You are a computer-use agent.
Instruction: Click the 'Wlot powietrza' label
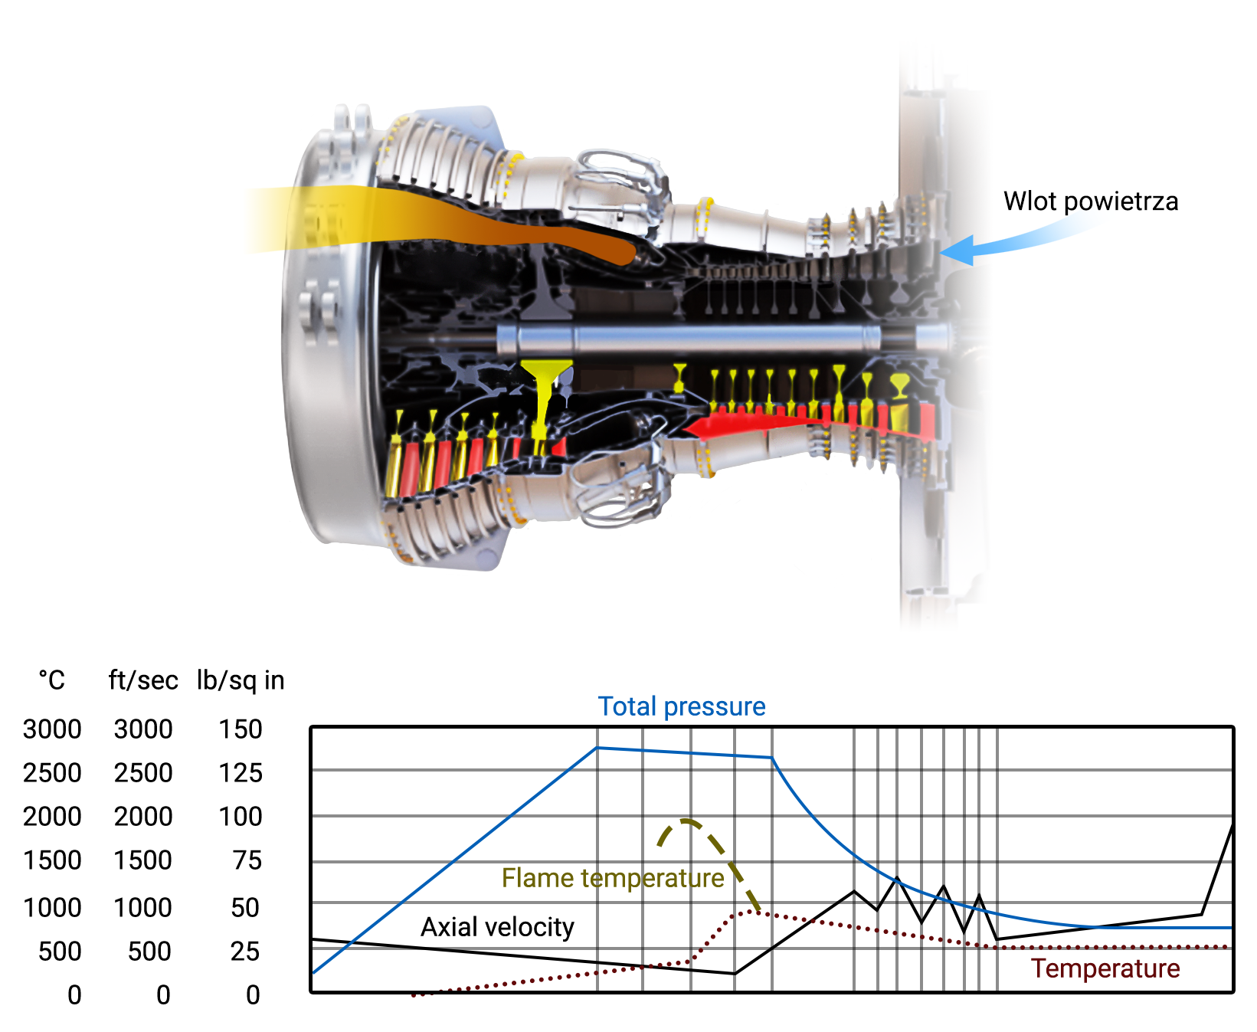point(1090,201)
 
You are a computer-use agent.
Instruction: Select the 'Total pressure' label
point(681,706)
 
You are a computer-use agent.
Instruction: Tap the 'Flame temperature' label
point(612,878)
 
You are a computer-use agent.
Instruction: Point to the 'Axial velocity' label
point(497,927)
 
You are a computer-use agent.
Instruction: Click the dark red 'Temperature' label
point(1105,968)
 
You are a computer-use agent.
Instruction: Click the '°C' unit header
point(52,680)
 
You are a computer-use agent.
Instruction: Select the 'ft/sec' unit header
point(143,680)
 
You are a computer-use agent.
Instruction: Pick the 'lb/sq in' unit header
point(241,680)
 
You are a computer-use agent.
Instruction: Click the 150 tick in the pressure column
point(241,729)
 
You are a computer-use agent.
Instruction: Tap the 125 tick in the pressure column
point(241,773)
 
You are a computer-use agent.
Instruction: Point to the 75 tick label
point(247,860)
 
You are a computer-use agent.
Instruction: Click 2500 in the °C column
point(52,773)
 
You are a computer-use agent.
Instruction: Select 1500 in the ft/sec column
point(143,860)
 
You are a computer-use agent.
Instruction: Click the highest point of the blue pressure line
point(597,748)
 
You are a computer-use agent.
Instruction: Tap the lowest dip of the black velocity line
point(735,974)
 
